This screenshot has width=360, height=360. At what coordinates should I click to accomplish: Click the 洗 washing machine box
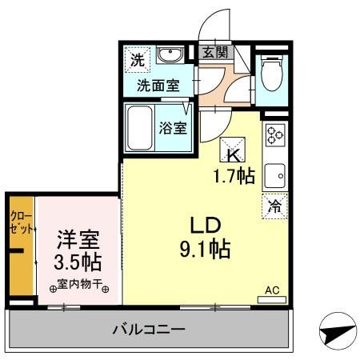(138, 58)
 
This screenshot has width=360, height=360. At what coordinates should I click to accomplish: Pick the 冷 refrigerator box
(274, 206)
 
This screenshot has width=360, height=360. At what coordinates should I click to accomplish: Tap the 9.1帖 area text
(204, 250)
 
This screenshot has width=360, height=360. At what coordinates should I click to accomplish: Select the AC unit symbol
(272, 298)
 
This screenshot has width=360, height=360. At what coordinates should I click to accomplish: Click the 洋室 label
(78, 239)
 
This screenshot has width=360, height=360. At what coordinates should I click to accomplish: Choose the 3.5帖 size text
(78, 262)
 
